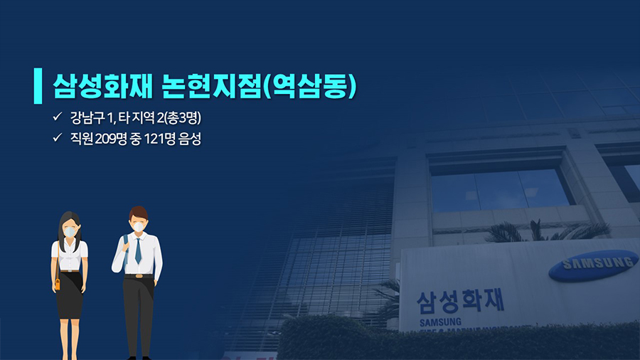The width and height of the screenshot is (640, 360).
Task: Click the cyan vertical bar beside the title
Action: [x=38, y=85]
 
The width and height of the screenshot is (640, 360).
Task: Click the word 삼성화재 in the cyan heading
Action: [x=102, y=86]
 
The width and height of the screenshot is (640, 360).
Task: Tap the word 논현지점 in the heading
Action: [x=211, y=86]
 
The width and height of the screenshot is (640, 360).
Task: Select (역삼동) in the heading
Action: [x=310, y=86]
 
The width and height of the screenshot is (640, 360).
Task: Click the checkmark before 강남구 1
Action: [x=57, y=117]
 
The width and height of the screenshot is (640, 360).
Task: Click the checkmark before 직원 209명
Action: [x=57, y=138]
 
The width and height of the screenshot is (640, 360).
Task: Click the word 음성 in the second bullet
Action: [x=190, y=139]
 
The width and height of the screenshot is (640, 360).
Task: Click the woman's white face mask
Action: [x=70, y=232]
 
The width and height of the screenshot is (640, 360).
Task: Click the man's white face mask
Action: [x=139, y=227]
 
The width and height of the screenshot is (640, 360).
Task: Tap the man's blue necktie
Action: [x=138, y=250]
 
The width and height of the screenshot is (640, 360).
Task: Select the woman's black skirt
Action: [x=70, y=295]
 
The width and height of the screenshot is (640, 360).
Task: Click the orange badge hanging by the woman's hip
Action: [x=58, y=284]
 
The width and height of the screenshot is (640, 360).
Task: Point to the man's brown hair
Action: [x=138, y=213]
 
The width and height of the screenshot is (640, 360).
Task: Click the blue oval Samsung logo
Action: [x=594, y=265]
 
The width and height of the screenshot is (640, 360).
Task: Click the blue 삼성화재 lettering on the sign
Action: [x=460, y=302]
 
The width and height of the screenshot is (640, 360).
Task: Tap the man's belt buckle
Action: [x=139, y=276]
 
